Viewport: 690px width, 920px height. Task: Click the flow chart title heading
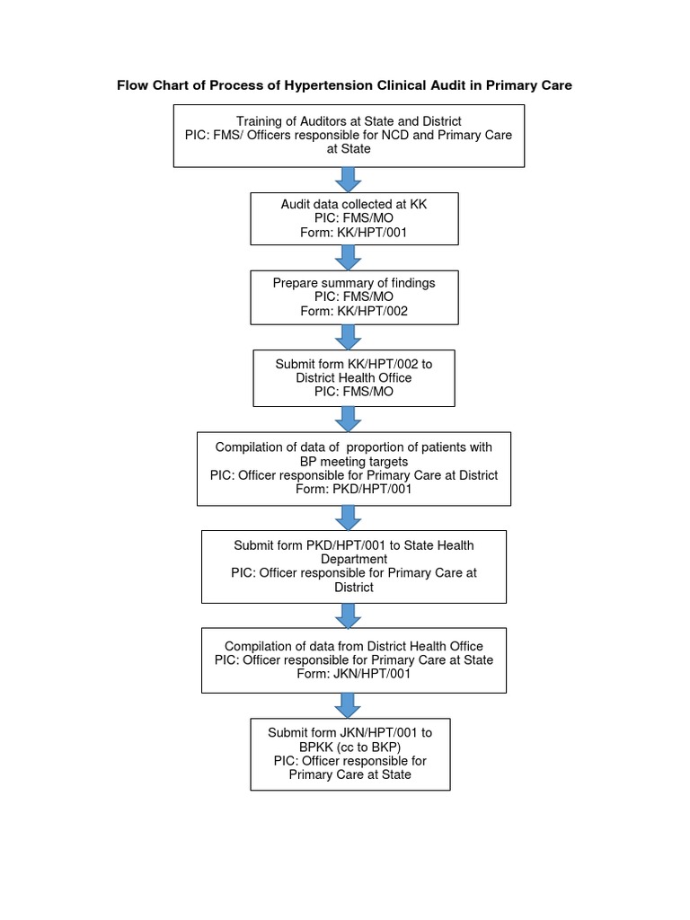click(345, 85)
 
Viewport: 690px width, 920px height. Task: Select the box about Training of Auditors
click(349, 135)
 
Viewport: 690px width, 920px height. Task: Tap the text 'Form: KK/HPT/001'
click(353, 232)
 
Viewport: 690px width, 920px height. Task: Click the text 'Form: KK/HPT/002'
click(353, 311)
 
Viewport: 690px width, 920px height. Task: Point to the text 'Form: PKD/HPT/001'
click(353, 490)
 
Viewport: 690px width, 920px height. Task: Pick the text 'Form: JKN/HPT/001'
click(353, 673)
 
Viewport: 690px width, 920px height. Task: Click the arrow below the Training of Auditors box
click(349, 179)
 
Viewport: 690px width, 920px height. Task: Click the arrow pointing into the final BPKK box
click(349, 705)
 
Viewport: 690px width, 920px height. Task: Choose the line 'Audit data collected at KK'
click(353, 204)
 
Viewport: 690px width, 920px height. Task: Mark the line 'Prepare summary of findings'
click(353, 283)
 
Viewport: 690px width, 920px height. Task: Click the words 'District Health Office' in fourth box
click(353, 378)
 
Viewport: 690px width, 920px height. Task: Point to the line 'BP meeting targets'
click(353, 461)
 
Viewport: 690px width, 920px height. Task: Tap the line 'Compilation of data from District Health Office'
click(353, 646)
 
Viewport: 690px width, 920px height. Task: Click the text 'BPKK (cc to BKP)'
click(349, 747)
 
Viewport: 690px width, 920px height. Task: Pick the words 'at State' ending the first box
click(349, 150)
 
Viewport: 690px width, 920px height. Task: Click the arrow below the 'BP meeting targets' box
click(349, 517)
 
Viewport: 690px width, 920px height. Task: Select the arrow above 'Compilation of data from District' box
click(349, 615)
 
